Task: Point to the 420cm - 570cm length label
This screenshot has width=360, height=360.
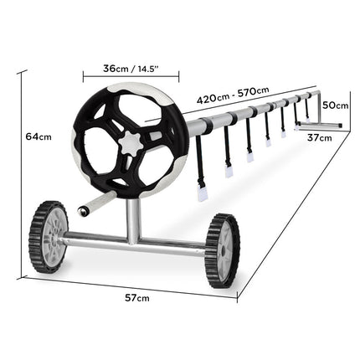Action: pos(232,95)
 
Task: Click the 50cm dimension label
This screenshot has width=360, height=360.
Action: pos(336,105)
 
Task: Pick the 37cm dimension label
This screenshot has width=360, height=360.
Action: pos(320,137)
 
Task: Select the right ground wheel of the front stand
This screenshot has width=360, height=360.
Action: pos(222,249)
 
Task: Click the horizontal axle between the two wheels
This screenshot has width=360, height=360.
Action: pos(134,244)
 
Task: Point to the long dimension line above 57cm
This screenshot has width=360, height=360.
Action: pos(126,285)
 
